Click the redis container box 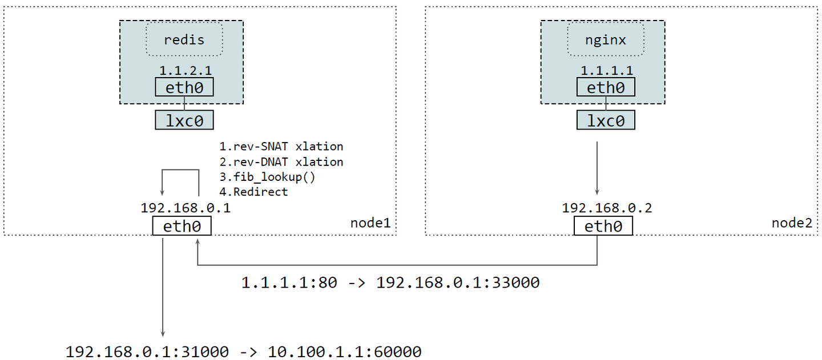click(x=184, y=40)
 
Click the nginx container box click(x=605, y=40)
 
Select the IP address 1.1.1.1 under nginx click(x=606, y=70)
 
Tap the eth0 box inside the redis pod click(x=184, y=87)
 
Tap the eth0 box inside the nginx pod click(x=605, y=87)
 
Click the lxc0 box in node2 click(x=605, y=120)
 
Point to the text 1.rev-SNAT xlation click(x=281, y=147)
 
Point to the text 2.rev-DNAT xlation click(x=281, y=162)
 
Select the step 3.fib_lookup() click(x=267, y=177)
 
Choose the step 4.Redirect click(x=253, y=192)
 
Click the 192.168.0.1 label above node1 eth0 click(x=186, y=208)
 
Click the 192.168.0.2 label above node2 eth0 click(x=607, y=208)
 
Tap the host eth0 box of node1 click(x=182, y=226)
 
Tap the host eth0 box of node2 click(x=603, y=226)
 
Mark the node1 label click(x=370, y=223)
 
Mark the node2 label click(x=791, y=223)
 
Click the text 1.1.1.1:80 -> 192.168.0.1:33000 click(x=390, y=282)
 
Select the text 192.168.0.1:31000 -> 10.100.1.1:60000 click(x=244, y=351)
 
